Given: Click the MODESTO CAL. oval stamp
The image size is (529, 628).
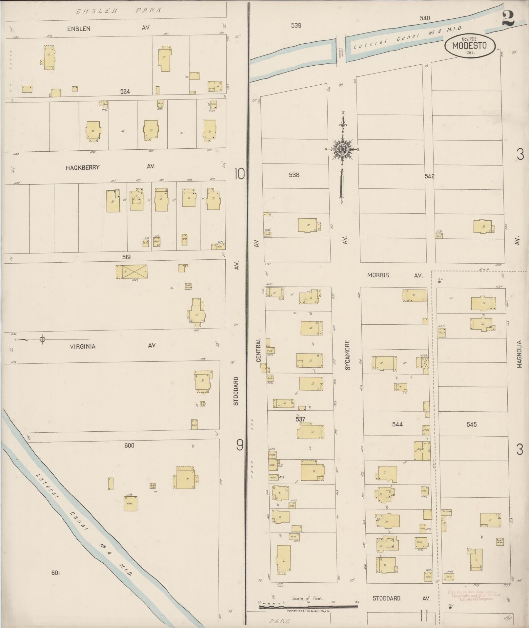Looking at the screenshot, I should pyautogui.click(x=470, y=46).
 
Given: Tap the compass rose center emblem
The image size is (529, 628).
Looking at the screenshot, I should pyautogui.click(x=342, y=150).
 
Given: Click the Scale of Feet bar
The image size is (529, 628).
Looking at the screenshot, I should pyautogui.click(x=309, y=607).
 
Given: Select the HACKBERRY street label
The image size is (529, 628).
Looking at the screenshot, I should pyautogui.click(x=82, y=167).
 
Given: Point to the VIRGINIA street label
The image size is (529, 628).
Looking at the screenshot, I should pyautogui.click(x=82, y=346).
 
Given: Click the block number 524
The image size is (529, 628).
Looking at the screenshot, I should pyautogui.click(x=125, y=92).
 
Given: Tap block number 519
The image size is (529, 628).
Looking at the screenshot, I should pyautogui.click(x=126, y=257).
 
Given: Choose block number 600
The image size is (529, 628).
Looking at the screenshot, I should pyautogui.click(x=129, y=445).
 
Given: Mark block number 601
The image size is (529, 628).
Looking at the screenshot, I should pyautogui.click(x=55, y=573).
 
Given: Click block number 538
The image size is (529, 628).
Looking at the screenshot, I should pyautogui.click(x=294, y=175).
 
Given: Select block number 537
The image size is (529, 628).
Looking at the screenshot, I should pyautogui.click(x=300, y=419).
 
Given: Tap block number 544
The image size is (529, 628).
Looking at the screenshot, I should pyautogui.click(x=397, y=424).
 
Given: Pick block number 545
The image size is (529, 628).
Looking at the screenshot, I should pyautogui.click(x=471, y=424).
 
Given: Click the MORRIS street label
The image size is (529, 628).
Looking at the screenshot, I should pyautogui.click(x=378, y=275).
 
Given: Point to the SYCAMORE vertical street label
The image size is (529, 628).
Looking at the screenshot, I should pyautogui.click(x=348, y=355).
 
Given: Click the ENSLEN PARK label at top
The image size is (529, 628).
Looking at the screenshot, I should pyautogui.click(x=118, y=11).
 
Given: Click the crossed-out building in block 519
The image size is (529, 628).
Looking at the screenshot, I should pyautogui.click(x=134, y=271).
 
